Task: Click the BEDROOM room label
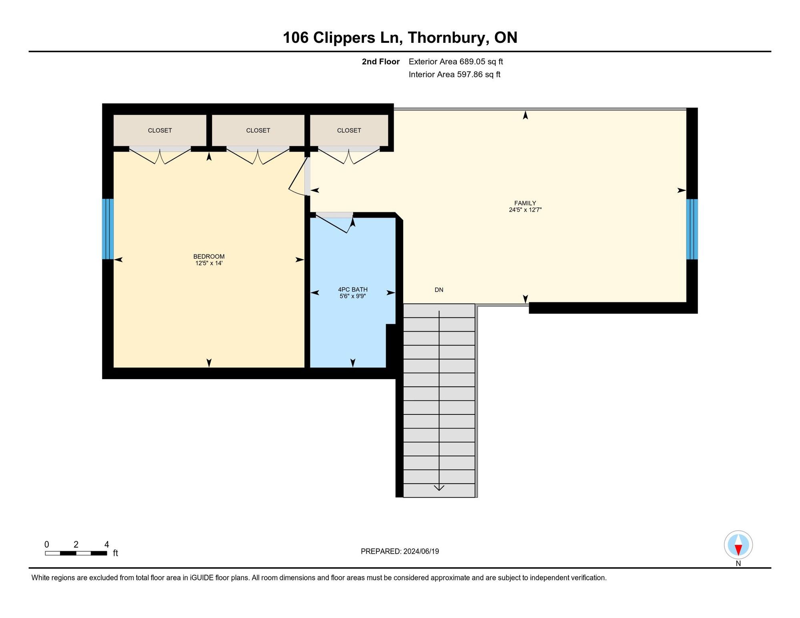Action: (x=209, y=256)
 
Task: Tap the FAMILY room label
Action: (x=525, y=203)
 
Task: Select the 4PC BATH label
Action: (x=352, y=290)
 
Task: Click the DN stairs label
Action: (x=439, y=290)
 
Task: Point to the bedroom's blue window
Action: (x=108, y=229)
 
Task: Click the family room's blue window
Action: (x=692, y=229)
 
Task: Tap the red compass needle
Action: (x=738, y=550)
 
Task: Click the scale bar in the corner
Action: (x=76, y=553)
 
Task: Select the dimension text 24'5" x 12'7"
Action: (x=525, y=210)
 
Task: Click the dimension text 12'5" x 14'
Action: (x=209, y=263)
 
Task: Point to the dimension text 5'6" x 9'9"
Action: (x=352, y=296)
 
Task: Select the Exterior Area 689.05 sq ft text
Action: (x=456, y=62)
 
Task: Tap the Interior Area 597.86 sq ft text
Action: (x=454, y=74)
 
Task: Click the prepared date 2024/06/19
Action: (x=421, y=551)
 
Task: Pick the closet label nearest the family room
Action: (x=349, y=130)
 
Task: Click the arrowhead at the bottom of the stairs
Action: (x=439, y=488)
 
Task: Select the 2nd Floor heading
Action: (x=380, y=62)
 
